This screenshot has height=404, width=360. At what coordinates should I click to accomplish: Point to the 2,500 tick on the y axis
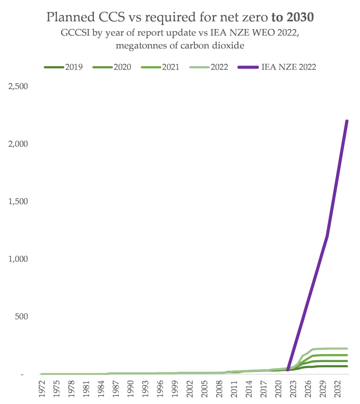(18, 86)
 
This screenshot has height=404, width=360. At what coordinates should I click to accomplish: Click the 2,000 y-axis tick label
(18, 144)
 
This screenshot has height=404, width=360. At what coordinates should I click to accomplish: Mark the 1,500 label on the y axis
(18, 202)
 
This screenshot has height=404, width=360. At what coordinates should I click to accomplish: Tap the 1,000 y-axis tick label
(18, 259)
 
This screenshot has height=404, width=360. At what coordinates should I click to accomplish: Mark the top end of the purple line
(347, 121)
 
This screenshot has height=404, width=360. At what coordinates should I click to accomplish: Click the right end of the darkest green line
(347, 366)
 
